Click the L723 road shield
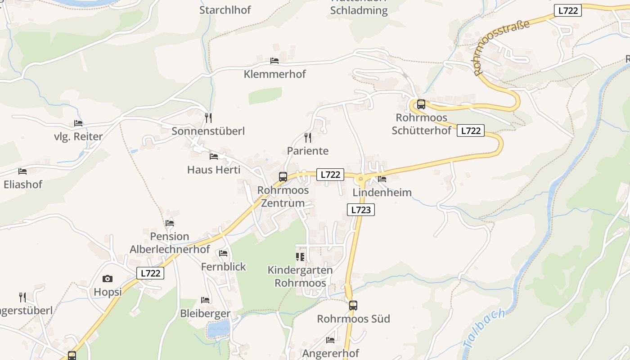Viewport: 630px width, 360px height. tap(361, 210)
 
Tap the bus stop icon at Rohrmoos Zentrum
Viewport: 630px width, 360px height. tap(283, 177)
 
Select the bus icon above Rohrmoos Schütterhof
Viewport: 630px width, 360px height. tap(421, 104)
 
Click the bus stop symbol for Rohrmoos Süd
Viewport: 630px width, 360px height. tap(353, 306)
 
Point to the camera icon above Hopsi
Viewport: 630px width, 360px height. tap(108, 279)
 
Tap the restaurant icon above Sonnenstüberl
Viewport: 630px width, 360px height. tap(208, 118)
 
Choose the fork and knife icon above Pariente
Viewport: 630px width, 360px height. tap(308, 138)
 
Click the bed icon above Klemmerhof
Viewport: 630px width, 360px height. tap(274, 61)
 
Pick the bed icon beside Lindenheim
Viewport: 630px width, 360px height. tap(382, 179)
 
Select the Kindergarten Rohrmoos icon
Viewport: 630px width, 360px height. tap(300, 257)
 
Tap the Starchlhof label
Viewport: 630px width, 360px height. tap(225, 10)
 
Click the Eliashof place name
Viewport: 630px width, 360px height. tap(23, 184)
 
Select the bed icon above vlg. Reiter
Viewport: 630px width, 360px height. tap(78, 123)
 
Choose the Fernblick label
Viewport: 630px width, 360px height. tap(224, 267)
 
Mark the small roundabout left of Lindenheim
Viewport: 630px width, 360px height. tap(360, 179)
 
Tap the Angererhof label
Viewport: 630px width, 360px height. tap(331, 353)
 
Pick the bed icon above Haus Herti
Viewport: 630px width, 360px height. tap(214, 157)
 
